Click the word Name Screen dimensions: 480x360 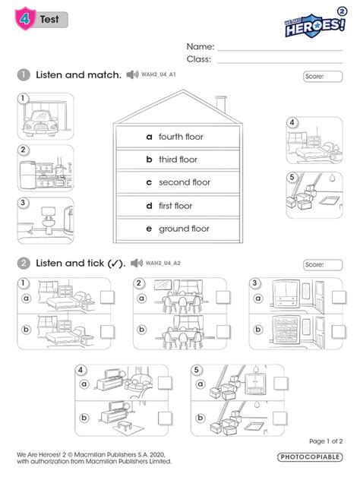click(x=200, y=46)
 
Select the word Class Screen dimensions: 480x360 click(x=198, y=58)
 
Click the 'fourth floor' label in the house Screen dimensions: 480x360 click(x=181, y=137)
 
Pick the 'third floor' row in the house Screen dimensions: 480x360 click(x=178, y=159)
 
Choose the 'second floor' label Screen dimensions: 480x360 click(x=184, y=183)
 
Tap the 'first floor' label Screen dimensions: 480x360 click(x=175, y=206)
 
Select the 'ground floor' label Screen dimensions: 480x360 click(x=183, y=229)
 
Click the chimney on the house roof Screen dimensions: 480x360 click(x=220, y=103)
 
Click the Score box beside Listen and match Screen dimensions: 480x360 click(x=322, y=77)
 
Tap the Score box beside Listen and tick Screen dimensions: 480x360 click(x=322, y=265)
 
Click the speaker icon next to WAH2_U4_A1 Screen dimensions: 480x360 click(x=133, y=74)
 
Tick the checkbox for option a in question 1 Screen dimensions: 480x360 click(x=108, y=298)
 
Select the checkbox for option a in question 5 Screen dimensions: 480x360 click(x=277, y=385)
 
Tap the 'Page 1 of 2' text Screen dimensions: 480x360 click(x=326, y=441)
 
